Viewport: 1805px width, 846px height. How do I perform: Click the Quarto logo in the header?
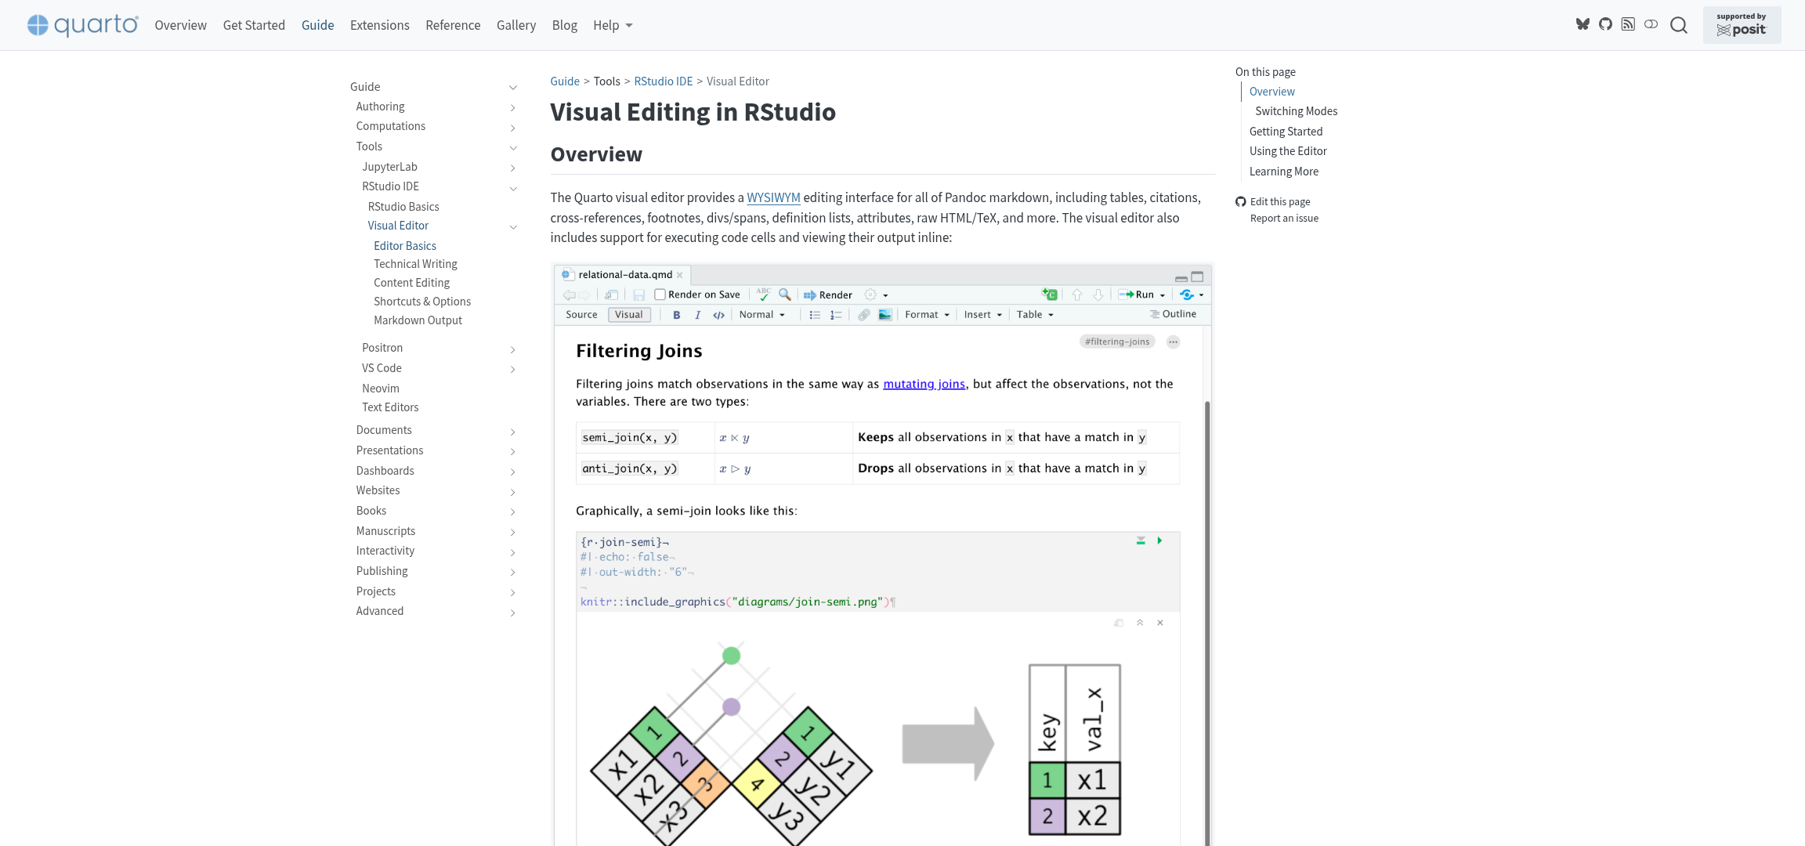(x=83, y=25)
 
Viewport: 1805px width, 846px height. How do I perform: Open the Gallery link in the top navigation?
(x=516, y=25)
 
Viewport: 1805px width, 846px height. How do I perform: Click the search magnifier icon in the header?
(x=1678, y=25)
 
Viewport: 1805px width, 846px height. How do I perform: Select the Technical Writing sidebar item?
(x=415, y=264)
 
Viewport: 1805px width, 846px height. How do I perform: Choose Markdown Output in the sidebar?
(x=418, y=320)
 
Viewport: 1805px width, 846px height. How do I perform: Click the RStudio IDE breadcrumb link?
(x=663, y=81)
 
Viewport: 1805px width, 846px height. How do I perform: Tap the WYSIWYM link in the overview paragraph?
(x=773, y=197)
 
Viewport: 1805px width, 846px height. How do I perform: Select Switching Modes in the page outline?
(x=1296, y=111)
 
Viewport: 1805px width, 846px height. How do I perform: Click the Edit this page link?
(x=1279, y=201)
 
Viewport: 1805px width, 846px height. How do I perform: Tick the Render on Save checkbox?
(x=660, y=295)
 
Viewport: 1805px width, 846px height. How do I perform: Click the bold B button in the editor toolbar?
(x=676, y=315)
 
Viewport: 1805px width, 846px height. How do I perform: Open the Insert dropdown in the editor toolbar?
(x=982, y=315)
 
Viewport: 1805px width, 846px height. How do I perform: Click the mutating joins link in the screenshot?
(x=924, y=384)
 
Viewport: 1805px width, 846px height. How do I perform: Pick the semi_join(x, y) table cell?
(x=629, y=438)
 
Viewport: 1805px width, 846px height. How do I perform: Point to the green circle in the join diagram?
(x=731, y=656)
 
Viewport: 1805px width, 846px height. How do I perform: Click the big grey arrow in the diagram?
(x=947, y=743)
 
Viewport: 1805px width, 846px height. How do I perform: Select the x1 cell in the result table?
(x=1092, y=780)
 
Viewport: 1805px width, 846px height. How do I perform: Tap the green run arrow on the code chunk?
(x=1159, y=540)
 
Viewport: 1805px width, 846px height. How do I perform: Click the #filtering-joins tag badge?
(x=1116, y=342)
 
